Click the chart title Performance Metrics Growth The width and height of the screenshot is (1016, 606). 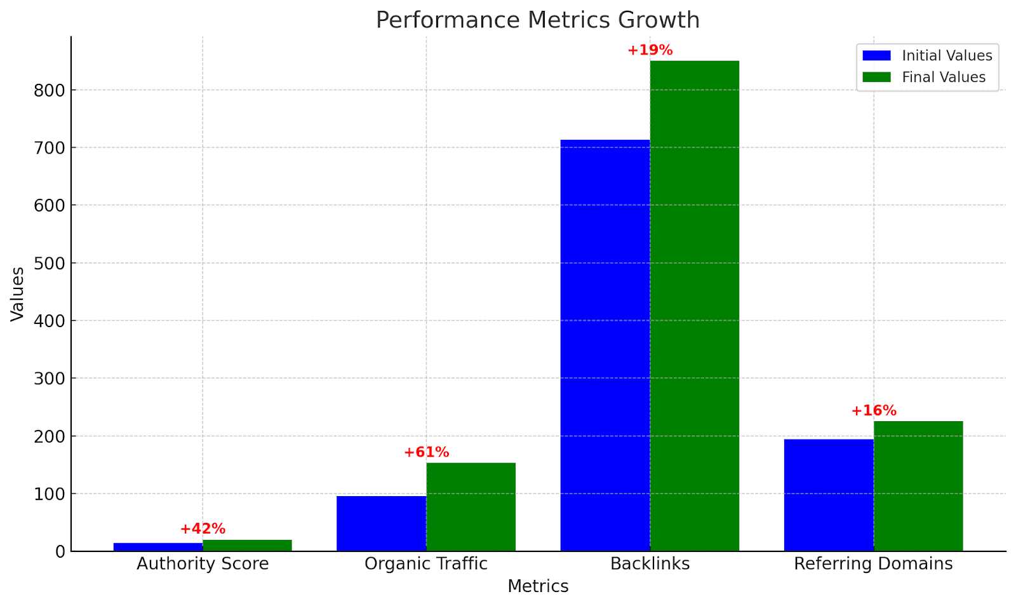(x=537, y=20)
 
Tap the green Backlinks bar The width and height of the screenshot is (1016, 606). (x=694, y=306)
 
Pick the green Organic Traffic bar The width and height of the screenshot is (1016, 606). (x=471, y=506)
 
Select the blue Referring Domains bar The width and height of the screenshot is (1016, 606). (x=828, y=495)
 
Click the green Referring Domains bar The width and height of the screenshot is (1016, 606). (x=918, y=486)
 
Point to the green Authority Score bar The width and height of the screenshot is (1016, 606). (x=247, y=546)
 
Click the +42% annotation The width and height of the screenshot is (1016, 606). (x=203, y=529)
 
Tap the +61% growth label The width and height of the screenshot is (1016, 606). (x=426, y=452)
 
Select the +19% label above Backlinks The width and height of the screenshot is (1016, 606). (x=650, y=50)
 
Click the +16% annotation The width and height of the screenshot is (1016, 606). (x=873, y=411)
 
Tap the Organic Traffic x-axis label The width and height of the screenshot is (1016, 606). (x=426, y=564)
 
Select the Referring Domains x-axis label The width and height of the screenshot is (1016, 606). (x=873, y=564)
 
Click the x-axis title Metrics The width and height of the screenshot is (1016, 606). (x=537, y=586)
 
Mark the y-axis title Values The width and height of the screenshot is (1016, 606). (x=18, y=293)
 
